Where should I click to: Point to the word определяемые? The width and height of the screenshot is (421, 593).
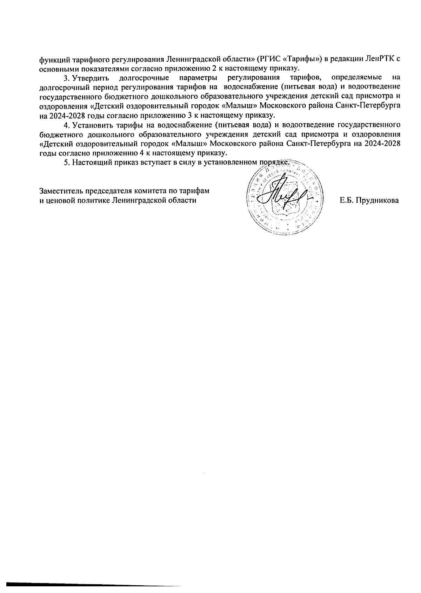[x=354, y=77]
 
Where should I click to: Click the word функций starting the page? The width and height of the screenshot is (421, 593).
[x=52, y=59]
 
